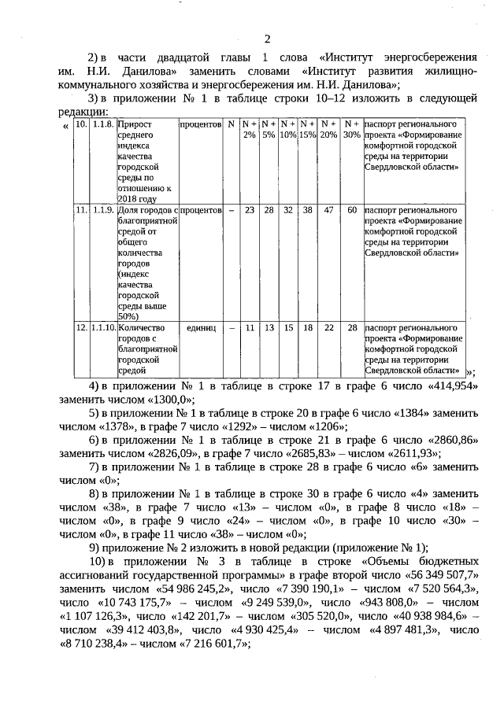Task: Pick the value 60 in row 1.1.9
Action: tap(352, 211)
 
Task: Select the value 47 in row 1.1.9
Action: tap(328, 211)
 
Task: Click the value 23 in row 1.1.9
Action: tap(249, 211)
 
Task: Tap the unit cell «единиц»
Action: tap(201, 327)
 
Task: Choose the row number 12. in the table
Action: tap(81, 327)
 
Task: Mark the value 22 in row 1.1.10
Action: tap(328, 327)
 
